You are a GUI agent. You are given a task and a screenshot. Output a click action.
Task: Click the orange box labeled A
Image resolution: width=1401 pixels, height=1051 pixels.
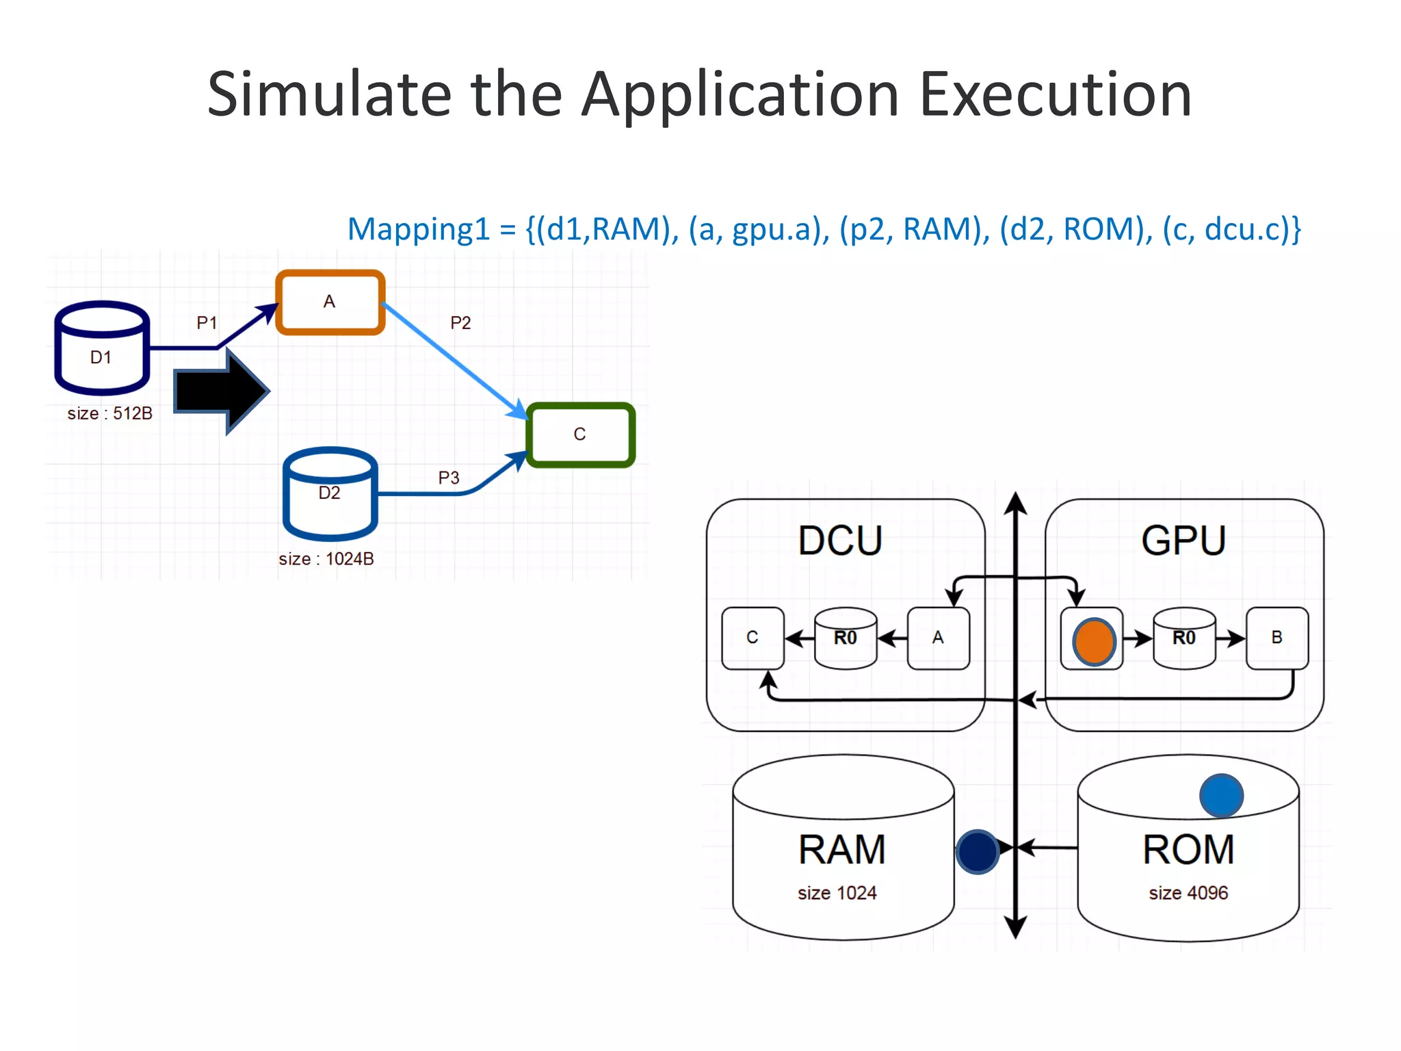330,302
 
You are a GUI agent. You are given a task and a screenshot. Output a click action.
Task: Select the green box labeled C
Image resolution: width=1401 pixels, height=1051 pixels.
580,434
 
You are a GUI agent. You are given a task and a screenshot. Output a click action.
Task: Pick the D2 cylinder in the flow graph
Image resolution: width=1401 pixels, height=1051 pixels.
330,494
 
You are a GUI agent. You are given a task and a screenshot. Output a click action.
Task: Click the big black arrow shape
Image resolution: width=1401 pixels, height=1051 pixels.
222,391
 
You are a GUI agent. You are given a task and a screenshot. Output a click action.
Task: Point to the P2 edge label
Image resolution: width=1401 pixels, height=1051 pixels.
460,323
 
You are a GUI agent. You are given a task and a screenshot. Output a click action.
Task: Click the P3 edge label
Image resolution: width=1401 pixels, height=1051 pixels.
449,478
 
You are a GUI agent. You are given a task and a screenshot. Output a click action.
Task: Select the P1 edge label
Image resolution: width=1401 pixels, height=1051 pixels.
207,322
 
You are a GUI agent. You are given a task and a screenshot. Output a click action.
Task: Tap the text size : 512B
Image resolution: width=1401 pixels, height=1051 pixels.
109,413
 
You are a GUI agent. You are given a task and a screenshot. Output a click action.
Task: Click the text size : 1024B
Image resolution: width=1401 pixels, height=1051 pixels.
326,559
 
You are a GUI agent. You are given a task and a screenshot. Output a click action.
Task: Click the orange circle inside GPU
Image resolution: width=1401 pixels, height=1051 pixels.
1094,642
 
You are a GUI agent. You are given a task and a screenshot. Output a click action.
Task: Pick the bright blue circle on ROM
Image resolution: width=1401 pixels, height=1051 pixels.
1221,795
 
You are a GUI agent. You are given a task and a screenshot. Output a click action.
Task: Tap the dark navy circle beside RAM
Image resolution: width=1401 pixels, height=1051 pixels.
978,851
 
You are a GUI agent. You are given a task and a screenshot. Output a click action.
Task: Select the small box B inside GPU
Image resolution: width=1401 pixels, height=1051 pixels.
1276,638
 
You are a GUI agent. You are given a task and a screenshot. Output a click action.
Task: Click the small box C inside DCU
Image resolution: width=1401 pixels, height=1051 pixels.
752,638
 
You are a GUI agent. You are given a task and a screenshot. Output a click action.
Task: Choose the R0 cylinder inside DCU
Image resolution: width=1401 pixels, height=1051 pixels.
846,638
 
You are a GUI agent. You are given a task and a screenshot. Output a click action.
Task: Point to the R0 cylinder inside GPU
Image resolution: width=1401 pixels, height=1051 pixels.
1184,638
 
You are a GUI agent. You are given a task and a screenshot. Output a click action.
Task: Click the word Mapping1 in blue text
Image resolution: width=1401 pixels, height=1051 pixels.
419,230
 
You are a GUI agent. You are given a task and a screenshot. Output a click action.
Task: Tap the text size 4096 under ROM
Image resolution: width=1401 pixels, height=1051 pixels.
1188,893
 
